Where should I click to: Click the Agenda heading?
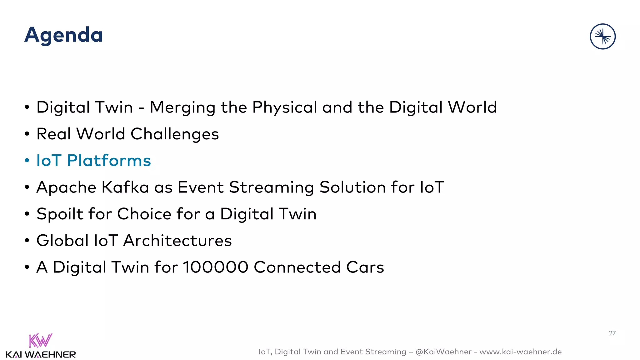[x=63, y=35]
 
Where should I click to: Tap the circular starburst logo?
[x=602, y=37]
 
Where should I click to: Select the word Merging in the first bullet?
[x=182, y=108]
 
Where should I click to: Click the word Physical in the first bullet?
[x=285, y=108]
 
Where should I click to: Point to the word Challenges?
[x=174, y=134]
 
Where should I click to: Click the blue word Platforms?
[x=109, y=161]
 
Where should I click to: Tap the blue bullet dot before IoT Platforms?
[x=27, y=161]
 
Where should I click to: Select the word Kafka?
[x=125, y=187]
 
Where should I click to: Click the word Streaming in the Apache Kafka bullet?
[x=271, y=188]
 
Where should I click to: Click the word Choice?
[x=144, y=214]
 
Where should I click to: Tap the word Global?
[x=62, y=241]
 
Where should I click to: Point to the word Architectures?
[x=177, y=241]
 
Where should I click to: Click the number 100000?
[x=215, y=267]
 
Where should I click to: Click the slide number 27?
[x=612, y=333]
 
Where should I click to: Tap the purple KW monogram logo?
[x=40, y=340]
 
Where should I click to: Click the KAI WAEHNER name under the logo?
[x=41, y=355]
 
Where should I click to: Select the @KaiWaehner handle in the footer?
[x=443, y=352]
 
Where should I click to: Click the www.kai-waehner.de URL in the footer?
[x=520, y=352]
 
